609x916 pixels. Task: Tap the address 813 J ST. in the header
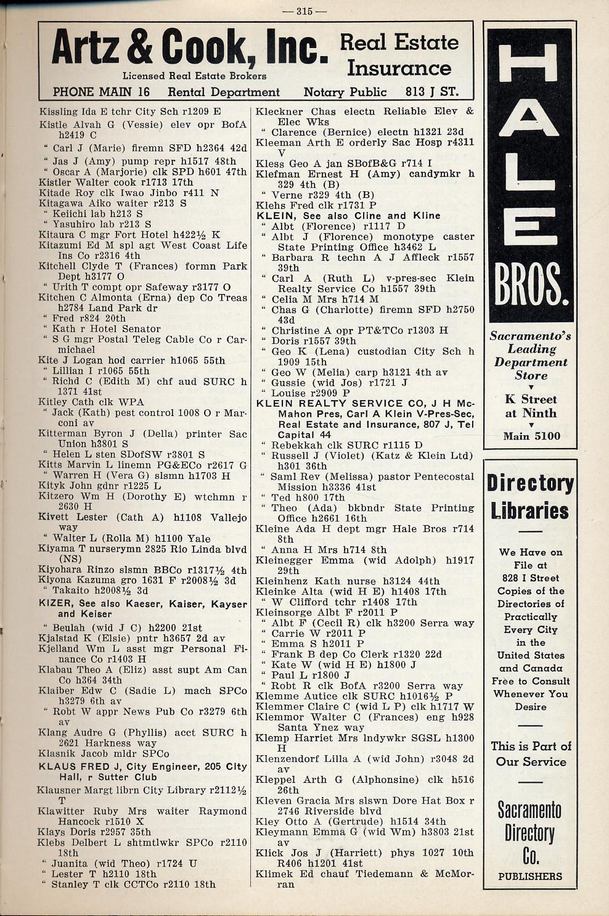point(431,92)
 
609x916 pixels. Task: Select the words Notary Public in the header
point(345,92)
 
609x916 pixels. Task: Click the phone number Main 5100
point(531,436)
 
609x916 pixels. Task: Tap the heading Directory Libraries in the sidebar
point(531,497)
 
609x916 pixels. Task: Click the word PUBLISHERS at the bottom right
point(530,876)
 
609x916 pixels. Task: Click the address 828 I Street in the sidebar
point(531,578)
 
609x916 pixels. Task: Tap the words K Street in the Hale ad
point(530,399)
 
